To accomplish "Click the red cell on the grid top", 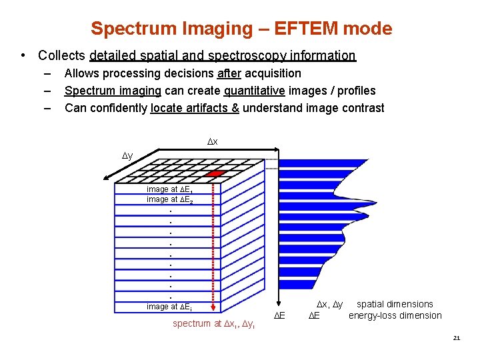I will click(x=214, y=173).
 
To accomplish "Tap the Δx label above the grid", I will click(x=212, y=143).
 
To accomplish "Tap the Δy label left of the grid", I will click(x=127, y=155).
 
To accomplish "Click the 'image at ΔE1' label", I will click(x=171, y=190).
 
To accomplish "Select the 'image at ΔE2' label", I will click(x=171, y=200).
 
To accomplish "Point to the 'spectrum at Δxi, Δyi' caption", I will click(x=213, y=324).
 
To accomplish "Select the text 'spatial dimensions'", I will click(x=395, y=305).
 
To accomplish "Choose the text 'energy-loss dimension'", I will click(x=395, y=316).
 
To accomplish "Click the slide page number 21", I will click(x=456, y=338).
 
